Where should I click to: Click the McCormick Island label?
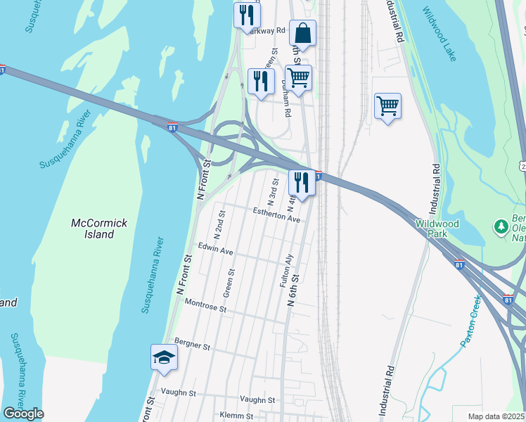pyautogui.click(x=99, y=229)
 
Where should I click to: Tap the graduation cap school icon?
pyautogui.click(x=163, y=357)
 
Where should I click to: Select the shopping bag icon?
pyautogui.click(x=302, y=33)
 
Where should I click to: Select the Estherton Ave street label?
pyautogui.click(x=276, y=215)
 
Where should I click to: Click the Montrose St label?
pyautogui.click(x=205, y=306)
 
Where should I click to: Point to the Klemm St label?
pyautogui.click(x=236, y=416)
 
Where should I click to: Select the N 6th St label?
pyautogui.click(x=294, y=289)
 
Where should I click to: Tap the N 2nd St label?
pyautogui.click(x=219, y=223)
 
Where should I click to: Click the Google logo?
pyautogui.click(x=23, y=414)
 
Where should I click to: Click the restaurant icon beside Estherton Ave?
pyautogui.click(x=301, y=183)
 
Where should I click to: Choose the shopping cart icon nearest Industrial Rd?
pyautogui.click(x=387, y=106)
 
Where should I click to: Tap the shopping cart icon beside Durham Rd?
pyautogui.click(x=298, y=77)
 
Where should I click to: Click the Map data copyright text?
pyautogui.click(x=496, y=416)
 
